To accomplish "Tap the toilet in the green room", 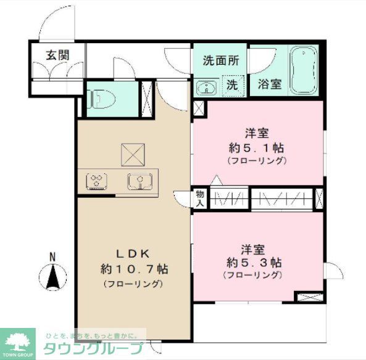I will (x=98, y=98).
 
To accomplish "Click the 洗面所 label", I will (x=221, y=61).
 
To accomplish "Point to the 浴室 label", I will (x=269, y=84).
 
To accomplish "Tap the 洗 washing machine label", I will (x=231, y=85).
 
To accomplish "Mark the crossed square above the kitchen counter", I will (x=132, y=154).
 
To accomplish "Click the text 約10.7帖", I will (x=133, y=269).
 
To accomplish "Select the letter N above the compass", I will (x=53, y=257).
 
